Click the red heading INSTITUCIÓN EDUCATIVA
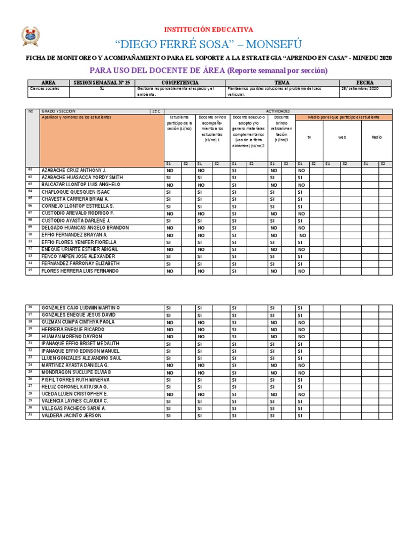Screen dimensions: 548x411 (205, 30)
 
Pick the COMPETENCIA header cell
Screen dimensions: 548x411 (181, 83)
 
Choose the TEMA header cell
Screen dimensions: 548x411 (282, 83)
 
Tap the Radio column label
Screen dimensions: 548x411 (377, 138)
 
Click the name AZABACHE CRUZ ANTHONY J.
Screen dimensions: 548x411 (74, 170)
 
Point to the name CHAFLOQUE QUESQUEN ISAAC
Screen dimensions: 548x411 (75, 192)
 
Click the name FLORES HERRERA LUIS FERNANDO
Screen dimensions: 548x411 (80, 271)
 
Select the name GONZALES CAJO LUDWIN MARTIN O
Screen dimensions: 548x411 (81, 308)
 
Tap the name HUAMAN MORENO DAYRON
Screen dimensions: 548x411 (71, 337)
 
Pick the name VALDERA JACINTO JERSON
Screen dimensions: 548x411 (71, 416)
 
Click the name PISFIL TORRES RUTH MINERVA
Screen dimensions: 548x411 (77, 379)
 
